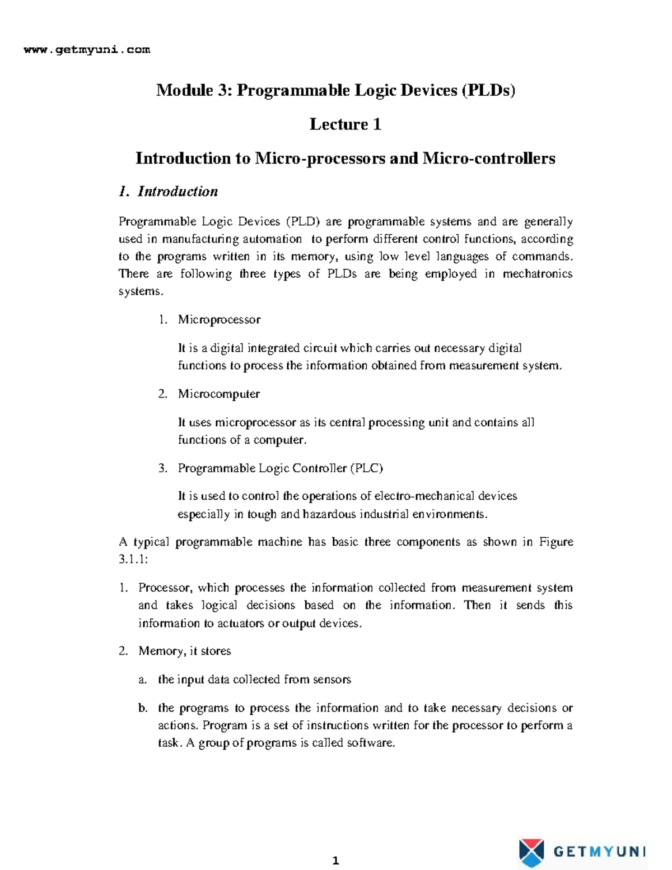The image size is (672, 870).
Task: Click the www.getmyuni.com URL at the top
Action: (x=87, y=50)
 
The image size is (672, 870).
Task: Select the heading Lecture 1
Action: (x=345, y=124)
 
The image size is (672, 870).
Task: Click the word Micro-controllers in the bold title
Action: (x=488, y=159)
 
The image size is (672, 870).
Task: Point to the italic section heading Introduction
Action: (x=178, y=192)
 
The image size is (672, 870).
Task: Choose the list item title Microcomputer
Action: (x=218, y=394)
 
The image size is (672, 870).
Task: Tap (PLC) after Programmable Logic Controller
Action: (x=366, y=468)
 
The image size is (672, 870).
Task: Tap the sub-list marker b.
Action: (x=143, y=708)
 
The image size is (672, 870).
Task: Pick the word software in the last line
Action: (x=370, y=743)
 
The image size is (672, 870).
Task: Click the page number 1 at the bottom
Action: (x=335, y=860)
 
